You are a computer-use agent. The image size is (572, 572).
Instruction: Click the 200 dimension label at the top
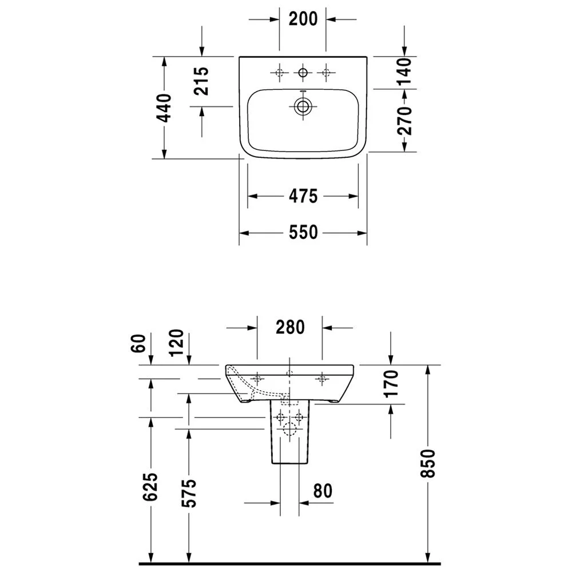click(x=303, y=19)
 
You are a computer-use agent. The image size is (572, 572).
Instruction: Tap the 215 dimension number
click(x=201, y=81)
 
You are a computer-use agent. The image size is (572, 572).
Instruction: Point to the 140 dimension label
click(x=404, y=71)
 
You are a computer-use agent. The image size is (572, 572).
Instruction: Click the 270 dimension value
click(x=404, y=121)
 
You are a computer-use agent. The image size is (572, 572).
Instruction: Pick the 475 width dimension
click(x=303, y=196)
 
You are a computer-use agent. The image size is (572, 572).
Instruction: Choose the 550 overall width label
click(x=303, y=232)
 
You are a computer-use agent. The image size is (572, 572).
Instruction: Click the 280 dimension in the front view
click(x=290, y=327)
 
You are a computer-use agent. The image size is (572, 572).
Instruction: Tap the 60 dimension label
click(x=138, y=343)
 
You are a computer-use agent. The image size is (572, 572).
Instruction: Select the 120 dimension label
click(x=177, y=343)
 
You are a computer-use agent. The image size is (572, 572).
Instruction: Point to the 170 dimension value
click(x=391, y=383)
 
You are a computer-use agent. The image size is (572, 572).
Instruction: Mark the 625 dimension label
click(x=150, y=487)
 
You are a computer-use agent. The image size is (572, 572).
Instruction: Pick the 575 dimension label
click(x=189, y=493)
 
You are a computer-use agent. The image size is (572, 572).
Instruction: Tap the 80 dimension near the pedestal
click(x=323, y=491)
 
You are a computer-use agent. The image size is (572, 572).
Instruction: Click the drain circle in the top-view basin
click(x=303, y=106)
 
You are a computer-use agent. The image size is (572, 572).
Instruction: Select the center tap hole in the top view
click(x=303, y=73)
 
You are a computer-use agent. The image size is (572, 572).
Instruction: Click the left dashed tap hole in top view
click(x=280, y=73)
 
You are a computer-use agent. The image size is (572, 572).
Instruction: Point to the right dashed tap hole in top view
click(x=326, y=73)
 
